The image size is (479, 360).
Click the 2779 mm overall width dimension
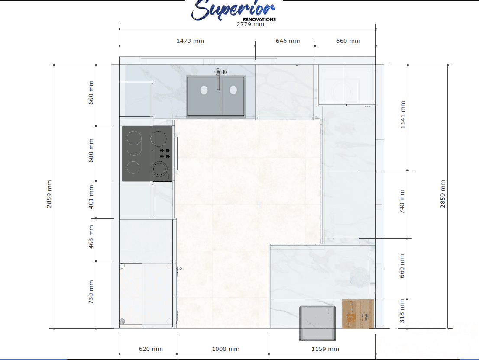[250, 24]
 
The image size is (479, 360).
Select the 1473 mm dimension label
[190, 41]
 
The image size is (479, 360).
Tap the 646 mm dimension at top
[288, 41]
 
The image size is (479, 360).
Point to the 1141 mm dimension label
[403, 115]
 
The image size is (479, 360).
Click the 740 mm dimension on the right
[402, 202]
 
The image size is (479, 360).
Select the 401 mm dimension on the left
[91, 197]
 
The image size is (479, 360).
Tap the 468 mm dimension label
[91, 236]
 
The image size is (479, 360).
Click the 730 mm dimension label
[91, 292]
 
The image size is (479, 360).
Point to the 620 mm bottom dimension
[151, 349]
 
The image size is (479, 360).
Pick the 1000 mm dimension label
[225, 349]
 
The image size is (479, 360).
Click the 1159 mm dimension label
[325, 349]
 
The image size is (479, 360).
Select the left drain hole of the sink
[204, 90]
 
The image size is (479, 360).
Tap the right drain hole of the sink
[233, 90]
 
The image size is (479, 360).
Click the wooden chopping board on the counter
[358, 314]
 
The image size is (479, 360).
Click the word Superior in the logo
[234, 10]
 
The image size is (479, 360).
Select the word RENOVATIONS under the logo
[259, 19]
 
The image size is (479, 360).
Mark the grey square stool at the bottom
[318, 322]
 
